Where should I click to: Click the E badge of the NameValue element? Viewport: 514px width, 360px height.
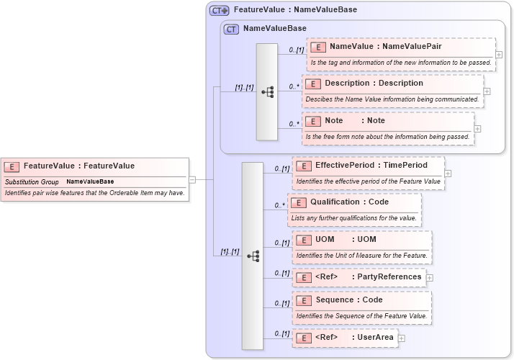[x=318, y=47]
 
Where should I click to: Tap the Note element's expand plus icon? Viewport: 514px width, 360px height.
[x=477, y=129]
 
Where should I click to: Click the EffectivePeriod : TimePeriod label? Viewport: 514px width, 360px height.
[x=371, y=165]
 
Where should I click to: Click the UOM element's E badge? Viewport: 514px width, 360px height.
[x=304, y=239]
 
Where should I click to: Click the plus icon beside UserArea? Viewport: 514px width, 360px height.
[x=402, y=338]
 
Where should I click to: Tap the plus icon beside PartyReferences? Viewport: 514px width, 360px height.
[x=429, y=277]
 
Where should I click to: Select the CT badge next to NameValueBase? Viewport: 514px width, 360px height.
[x=232, y=29]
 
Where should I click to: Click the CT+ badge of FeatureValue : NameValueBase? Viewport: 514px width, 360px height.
[x=219, y=11]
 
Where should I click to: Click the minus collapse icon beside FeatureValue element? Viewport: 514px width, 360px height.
[x=192, y=179]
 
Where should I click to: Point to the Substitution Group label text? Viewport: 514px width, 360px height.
[x=32, y=181]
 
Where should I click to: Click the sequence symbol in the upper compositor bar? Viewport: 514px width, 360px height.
[x=267, y=92]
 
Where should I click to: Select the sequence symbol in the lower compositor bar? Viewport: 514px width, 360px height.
[x=253, y=256]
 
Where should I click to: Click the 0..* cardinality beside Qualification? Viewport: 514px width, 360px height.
[x=280, y=205]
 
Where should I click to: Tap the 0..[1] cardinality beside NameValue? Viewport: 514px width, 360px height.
[x=297, y=50]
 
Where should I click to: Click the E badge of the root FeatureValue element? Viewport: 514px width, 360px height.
[x=12, y=166]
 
